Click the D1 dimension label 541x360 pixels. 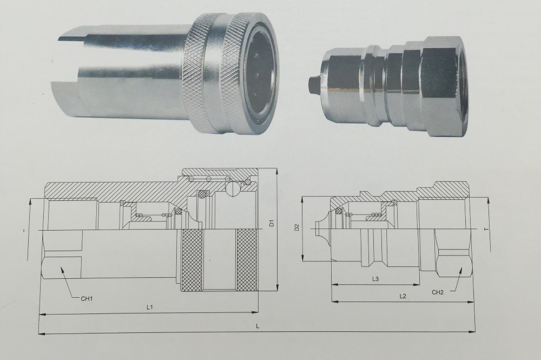click(x=273, y=222)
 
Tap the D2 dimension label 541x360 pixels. click(x=296, y=228)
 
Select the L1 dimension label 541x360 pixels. click(x=150, y=307)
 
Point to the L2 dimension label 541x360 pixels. click(x=403, y=296)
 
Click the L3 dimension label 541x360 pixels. click(x=375, y=278)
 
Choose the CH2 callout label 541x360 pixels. click(x=438, y=292)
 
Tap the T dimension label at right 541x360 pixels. click(x=485, y=229)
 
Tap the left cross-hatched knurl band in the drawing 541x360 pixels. click(x=192, y=259)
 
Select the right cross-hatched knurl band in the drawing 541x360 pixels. click(x=247, y=259)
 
